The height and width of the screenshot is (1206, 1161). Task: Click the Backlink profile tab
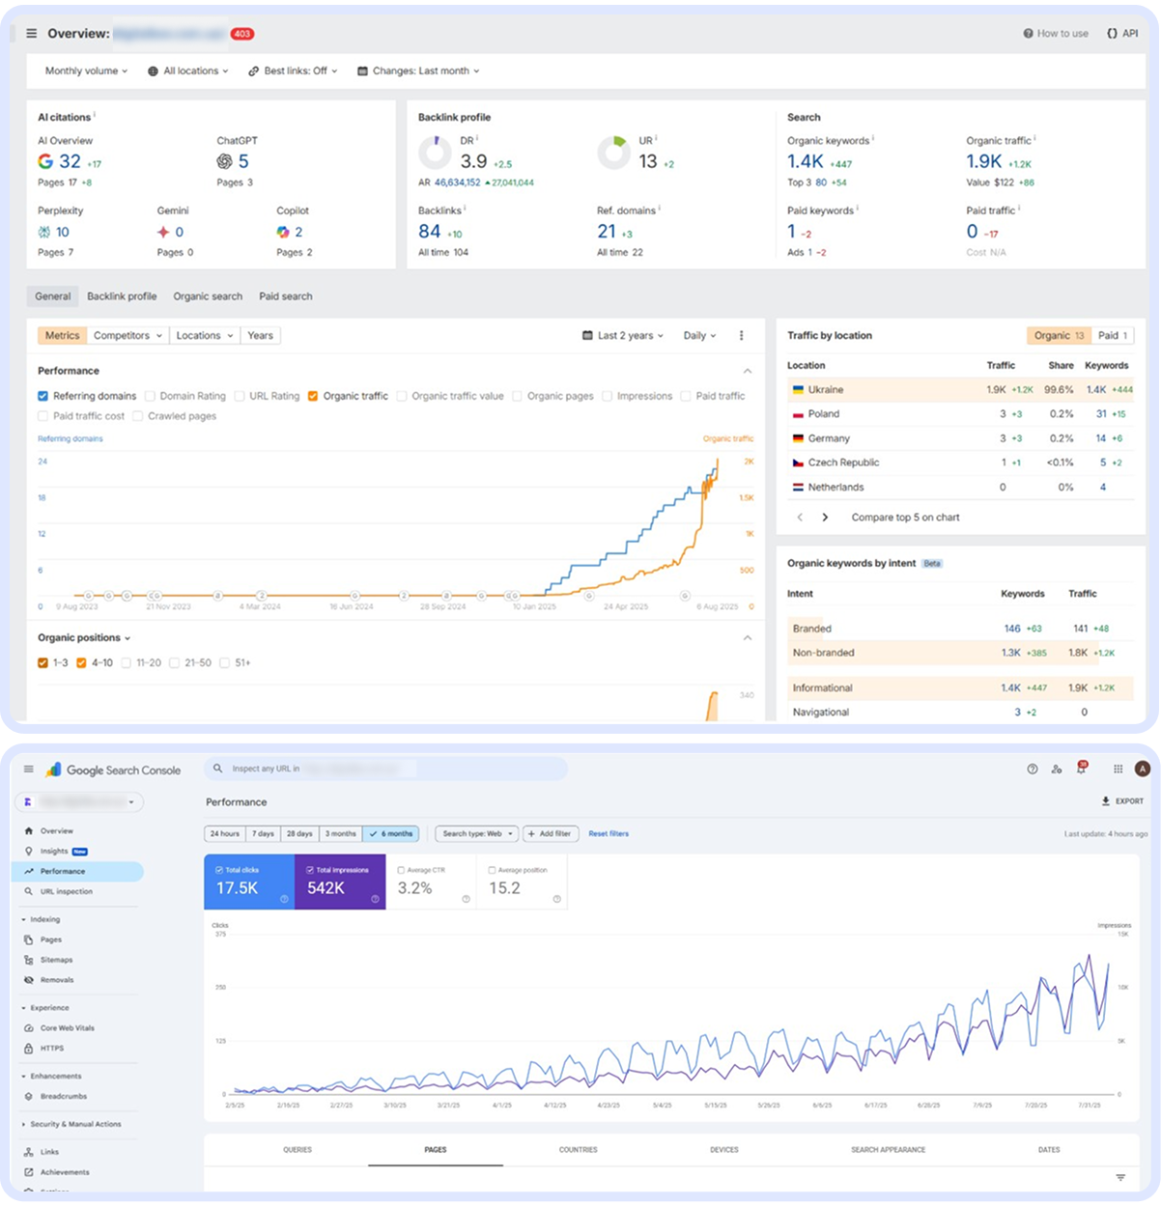(x=122, y=296)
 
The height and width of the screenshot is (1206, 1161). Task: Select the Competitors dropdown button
(x=127, y=336)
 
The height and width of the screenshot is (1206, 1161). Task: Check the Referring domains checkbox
(x=43, y=396)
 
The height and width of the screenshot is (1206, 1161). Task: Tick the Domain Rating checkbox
(x=150, y=396)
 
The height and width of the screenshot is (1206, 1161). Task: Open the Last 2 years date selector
(x=623, y=336)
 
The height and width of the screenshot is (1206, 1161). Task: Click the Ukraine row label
(x=825, y=390)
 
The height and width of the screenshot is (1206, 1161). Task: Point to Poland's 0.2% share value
(x=1061, y=414)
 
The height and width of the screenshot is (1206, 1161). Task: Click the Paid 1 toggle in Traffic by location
(x=1113, y=336)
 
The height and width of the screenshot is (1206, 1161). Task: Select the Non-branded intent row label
(x=823, y=653)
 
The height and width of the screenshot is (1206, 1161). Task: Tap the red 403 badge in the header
(x=241, y=34)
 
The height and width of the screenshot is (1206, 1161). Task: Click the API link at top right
(x=1122, y=34)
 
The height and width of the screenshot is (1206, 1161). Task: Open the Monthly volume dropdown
(x=86, y=71)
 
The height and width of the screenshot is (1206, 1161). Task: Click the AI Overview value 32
(x=70, y=161)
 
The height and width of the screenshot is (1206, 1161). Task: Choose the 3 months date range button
(x=340, y=833)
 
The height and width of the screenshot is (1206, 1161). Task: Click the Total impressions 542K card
(x=339, y=882)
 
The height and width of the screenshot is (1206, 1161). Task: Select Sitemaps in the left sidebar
(x=56, y=960)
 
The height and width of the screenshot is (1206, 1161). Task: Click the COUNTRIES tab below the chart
(x=578, y=1150)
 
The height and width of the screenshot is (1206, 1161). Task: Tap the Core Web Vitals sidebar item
(x=67, y=1028)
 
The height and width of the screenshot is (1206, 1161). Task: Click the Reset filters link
(x=609, y=833)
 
